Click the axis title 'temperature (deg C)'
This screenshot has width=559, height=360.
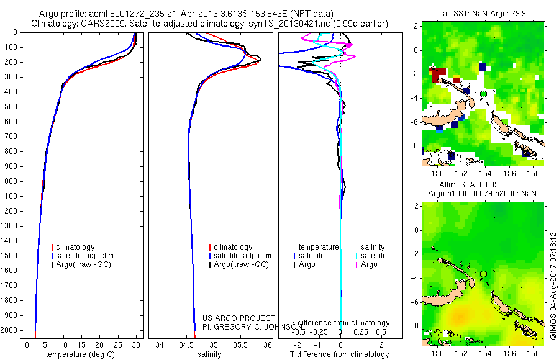tap(80, 354)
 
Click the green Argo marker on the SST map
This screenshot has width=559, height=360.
tap(483, 94)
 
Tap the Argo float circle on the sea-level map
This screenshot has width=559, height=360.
tap(483, 274)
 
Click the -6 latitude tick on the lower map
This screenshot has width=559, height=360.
tap(417, 302)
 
